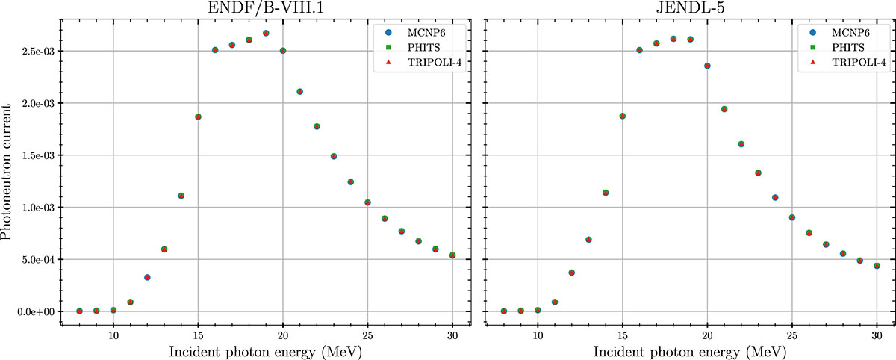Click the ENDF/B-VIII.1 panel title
pyautogui.click(x=266, y=7)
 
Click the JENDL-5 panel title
pyautogui.click(x=690, y=7)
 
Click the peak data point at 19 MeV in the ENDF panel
pyautogui.click(x=266, y=33)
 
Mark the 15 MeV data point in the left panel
pyautogui.click(x=198, y=117)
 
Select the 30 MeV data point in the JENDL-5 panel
pyautogui.click(x=877, y=266)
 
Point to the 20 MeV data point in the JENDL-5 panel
pyautogui.click(x=707, y=66)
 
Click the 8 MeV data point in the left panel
pyautogui.click(x=79, y=311)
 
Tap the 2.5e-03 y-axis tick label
pyautogui.click(x=38, y=52)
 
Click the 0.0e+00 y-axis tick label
pyautogui.click(x=36, y=312)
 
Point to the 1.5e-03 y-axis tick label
pyautogui.click(x=38, y=156)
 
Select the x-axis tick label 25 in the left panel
pyautogui.click(x=367, y=335)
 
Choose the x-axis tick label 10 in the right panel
pyautogui.click(x=538, y=335)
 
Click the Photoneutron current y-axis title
pyautogui.click(x=7, y=172)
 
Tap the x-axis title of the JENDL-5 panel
pyautogui.click(x=690, y=352)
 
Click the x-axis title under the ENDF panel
pyautogui.click(x=266, y=352)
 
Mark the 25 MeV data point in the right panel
pyautogui.click(x=792, y=217)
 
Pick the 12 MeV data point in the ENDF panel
pyautogui.click(x=147, y=277)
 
